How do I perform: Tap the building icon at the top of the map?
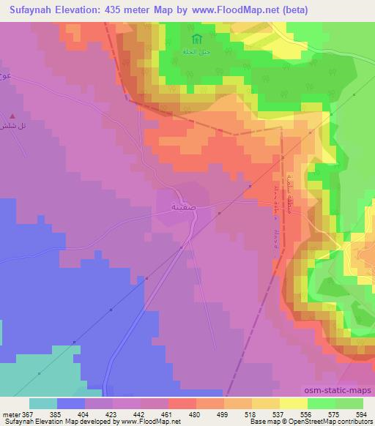pyautogui.click(x=194, y=40)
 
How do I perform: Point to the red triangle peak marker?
pyautogui.click(x=12, y=116)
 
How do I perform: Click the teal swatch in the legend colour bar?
pyautogui.click(x=43, y=403)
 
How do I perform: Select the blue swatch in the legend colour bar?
pyautogui.click(x=71, y=403)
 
